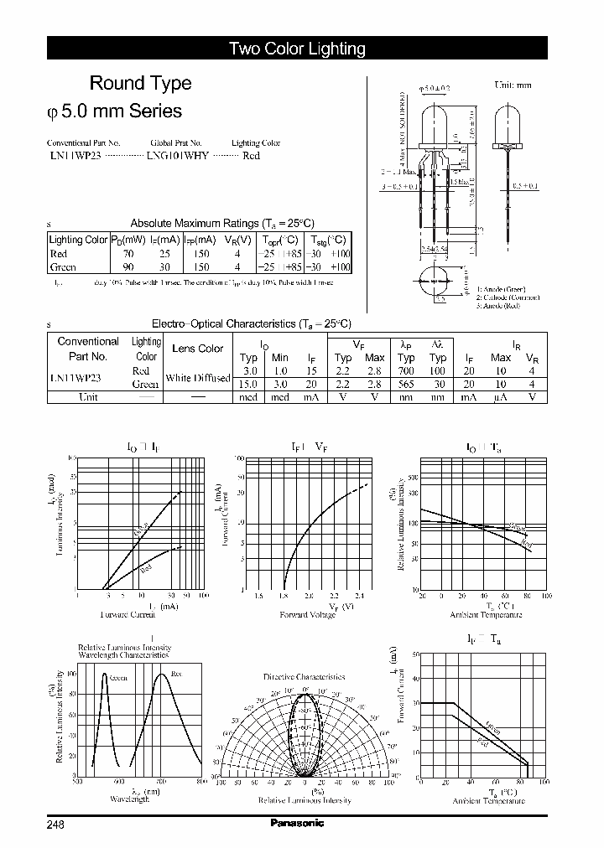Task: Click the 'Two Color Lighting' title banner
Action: click(297, 49)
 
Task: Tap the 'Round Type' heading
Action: click(140, 83)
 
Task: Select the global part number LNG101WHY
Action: click(179, 155)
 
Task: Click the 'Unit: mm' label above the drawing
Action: click(513, 85)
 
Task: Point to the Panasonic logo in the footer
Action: click(297, 823)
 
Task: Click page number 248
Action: click(55, 824)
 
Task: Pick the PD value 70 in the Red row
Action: click(128, 254)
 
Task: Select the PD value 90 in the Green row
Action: click(128, 267)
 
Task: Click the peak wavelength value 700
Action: click(406, 370)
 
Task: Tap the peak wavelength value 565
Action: click(406, 384)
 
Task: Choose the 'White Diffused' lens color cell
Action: click(197, 378)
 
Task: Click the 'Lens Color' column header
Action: click(197, 349)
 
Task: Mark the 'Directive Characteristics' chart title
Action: click(304, 676)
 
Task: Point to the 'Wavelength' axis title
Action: click(129, 799)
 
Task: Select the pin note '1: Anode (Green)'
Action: click(500, 289)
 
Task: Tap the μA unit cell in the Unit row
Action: click(501, 397)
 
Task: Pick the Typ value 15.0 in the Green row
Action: click(249, 384)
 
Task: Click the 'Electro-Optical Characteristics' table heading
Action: click(251, 323)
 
